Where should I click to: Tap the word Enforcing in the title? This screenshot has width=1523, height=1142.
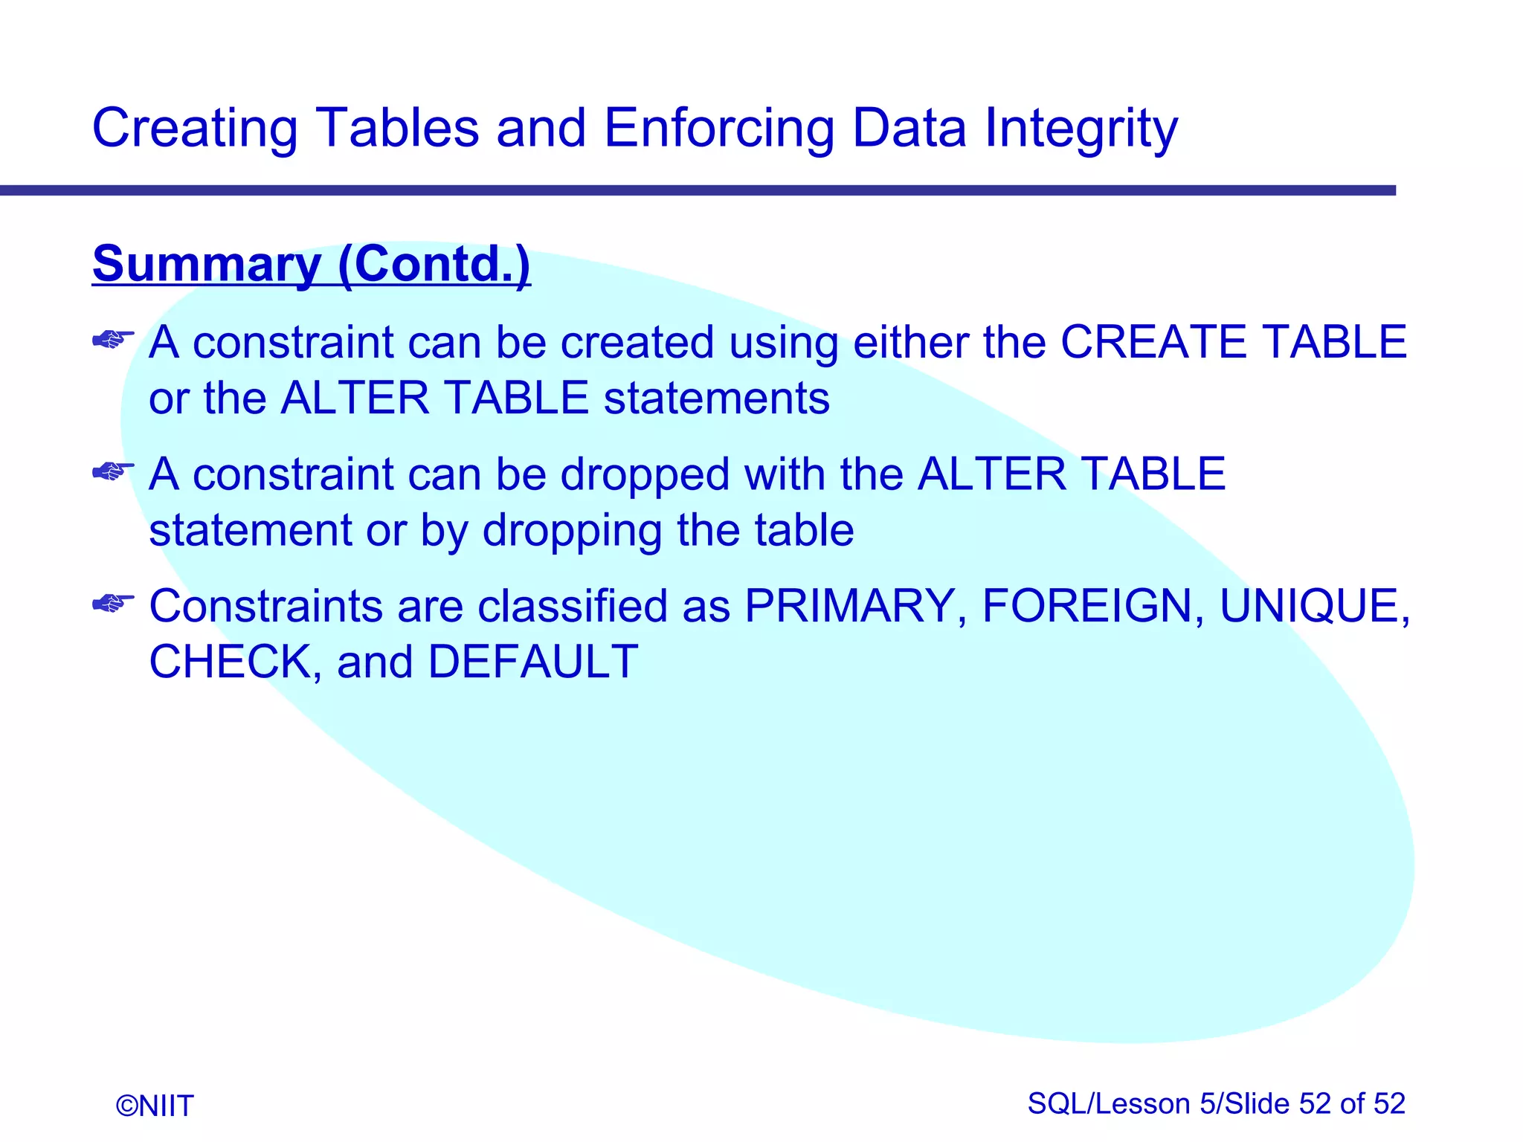[719, 129]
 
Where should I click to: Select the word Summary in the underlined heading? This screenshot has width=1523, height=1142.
[207, 265]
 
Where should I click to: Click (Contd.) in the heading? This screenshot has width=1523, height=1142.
[434, 265]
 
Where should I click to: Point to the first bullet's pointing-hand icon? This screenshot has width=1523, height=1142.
[112, 341]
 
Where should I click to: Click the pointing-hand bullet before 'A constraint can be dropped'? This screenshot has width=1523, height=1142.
[112, 472]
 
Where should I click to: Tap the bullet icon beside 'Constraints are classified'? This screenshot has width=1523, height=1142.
[112, 603]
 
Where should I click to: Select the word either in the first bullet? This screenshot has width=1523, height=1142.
[910, 343]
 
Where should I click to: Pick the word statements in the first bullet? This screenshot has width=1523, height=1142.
[716, 399]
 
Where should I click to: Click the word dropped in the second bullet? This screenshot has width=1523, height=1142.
[645, 475]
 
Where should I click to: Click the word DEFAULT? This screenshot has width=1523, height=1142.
[532, 662]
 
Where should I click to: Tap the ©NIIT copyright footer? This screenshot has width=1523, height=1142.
[155, 1106]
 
